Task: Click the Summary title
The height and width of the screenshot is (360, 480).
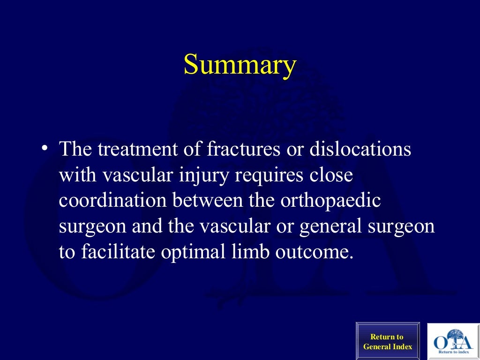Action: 240,65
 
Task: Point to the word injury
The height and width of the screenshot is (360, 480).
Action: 208,176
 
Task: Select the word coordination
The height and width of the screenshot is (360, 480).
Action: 113,201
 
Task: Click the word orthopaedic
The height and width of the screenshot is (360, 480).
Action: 330,201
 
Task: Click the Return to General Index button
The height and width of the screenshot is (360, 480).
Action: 387,341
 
